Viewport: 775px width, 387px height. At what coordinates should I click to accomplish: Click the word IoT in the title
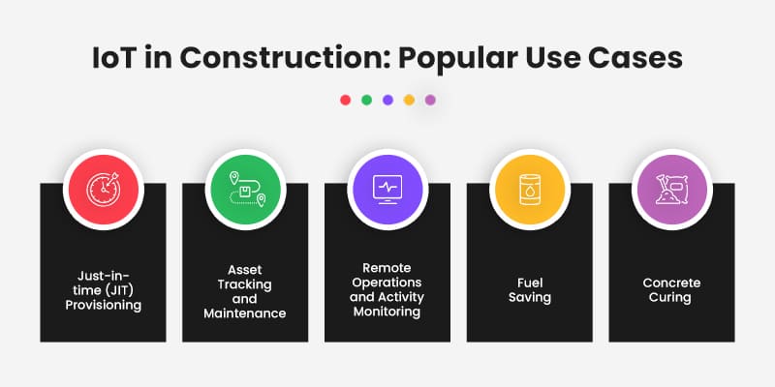pos(114,56)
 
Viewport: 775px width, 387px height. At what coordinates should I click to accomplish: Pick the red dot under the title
pos(345,100)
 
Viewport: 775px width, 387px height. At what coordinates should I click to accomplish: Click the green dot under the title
pos(366,100)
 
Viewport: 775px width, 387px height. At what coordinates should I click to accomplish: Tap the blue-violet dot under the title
pos(387,100)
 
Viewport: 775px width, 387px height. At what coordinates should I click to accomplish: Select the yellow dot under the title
pos(409,100)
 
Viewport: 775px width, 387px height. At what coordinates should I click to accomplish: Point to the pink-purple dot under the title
pos(430,100)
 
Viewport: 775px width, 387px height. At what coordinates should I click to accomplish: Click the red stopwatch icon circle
pos(103,187)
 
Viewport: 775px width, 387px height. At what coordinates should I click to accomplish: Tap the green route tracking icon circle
pos(244,187)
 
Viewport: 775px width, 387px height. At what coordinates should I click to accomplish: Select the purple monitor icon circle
pos(387,187)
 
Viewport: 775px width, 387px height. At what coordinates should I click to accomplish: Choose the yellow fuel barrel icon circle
pos(529,187)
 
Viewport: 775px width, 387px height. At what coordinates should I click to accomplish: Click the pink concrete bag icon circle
pos(671,187)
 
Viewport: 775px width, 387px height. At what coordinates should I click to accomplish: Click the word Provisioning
pos(104,305)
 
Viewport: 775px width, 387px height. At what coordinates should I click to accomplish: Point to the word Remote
pos(387,267)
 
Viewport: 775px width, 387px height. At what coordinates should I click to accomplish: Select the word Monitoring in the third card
pos(387,312)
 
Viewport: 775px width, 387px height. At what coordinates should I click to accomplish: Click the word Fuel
pos(529,283)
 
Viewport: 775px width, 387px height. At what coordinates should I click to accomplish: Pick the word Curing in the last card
pos(671,297)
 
